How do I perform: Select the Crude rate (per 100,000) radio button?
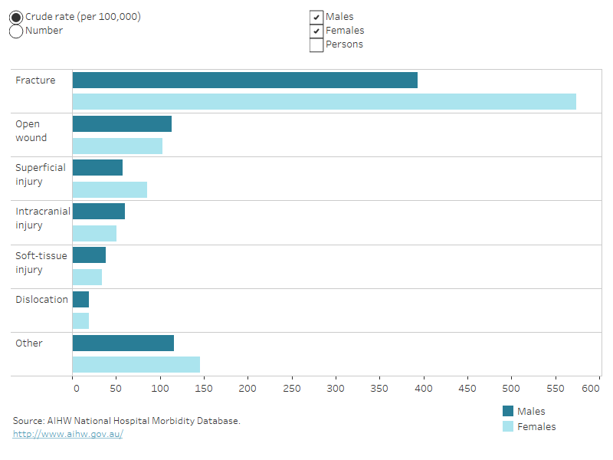16,17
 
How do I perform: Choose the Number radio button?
16,31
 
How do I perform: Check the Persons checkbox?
316,44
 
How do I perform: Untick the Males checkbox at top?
316,17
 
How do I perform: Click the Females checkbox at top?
316,31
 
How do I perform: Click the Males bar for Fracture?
244,80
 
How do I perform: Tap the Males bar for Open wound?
122,124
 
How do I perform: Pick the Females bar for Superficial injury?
110,189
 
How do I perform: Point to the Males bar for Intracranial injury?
98,212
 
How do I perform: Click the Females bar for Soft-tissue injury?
87,278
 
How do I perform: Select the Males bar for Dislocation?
80,300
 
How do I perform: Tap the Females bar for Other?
136,365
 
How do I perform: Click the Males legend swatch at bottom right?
507,412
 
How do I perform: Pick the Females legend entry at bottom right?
536,426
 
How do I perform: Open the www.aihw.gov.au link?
67,434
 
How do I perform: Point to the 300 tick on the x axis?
336,389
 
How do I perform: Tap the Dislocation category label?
41,300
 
